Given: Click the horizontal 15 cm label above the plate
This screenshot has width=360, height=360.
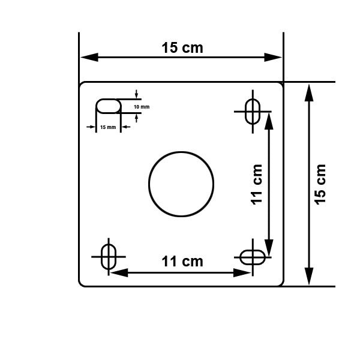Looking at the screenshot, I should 182,48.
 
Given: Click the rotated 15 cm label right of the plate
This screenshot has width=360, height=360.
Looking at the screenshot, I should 320,184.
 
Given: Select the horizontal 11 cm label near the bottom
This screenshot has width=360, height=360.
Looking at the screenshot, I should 182,261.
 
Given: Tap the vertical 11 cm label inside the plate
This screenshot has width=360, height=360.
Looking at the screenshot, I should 257,185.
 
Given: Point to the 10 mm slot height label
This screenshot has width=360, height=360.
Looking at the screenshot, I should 142,106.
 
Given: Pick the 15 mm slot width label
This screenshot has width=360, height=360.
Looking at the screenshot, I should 108,127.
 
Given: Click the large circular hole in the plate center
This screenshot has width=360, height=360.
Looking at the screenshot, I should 181,184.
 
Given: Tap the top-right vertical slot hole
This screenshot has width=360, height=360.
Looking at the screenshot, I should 253,111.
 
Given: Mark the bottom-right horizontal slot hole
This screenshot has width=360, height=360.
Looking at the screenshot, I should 253,257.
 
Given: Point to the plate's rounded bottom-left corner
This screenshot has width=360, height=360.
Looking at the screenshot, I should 82,283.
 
